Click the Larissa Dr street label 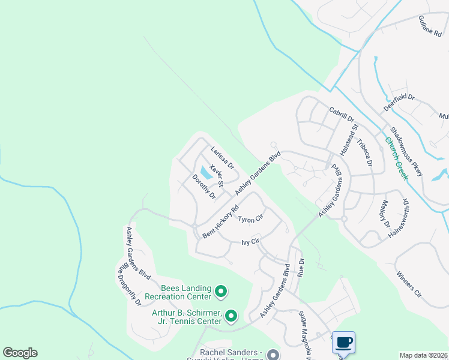[221, 158]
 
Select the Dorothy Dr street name [203, 187]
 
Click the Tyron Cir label [251, 219]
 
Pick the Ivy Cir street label [250, 242]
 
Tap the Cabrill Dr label [342, 114]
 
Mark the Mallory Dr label [384, 215]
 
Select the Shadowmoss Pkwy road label [406, 151]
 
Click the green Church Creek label [397, 159]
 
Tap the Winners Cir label [409, 284]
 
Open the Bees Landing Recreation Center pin [221, 292]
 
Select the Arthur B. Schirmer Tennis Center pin [231, 315]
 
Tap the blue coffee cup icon [343, 342]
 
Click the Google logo [20, 353]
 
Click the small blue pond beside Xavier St [206, 173]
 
